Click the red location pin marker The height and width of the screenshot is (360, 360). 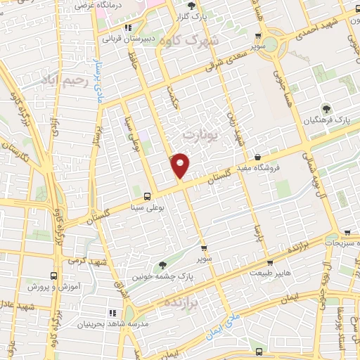tap(181, 165)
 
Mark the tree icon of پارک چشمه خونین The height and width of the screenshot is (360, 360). tap(164, 265)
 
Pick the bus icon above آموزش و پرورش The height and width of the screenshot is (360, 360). tap(54, 276)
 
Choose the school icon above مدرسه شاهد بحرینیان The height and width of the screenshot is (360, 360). tap(110, 311)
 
